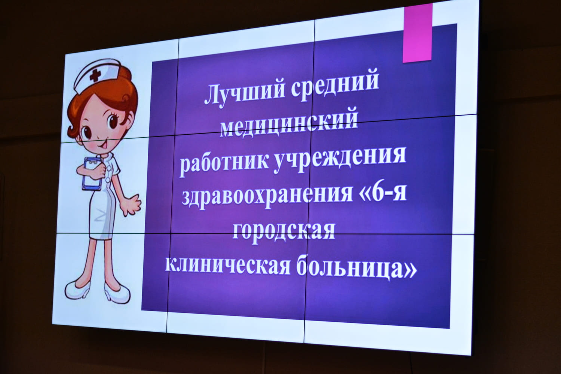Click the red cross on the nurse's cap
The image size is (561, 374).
pos(95,75)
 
